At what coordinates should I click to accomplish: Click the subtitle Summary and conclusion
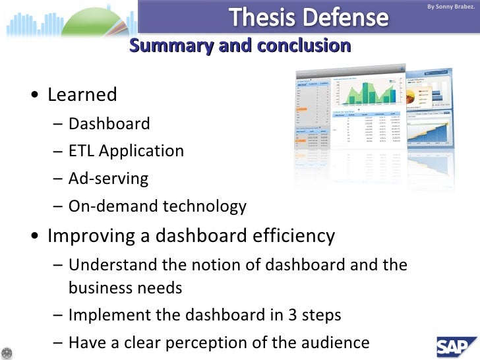240,45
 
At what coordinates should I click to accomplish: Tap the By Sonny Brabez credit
450,7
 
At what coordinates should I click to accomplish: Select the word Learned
82,95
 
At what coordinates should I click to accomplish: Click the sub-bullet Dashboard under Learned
109,123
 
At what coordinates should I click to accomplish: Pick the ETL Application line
126,151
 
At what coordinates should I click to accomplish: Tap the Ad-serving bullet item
108,179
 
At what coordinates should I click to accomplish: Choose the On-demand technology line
157,206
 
